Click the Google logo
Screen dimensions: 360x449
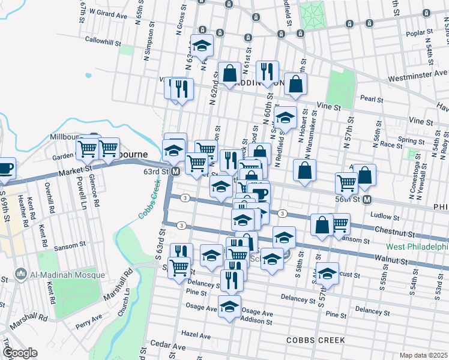pyautogui.click(x=20, y=353)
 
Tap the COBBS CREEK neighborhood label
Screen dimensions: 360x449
pyautogui.click(x=315, y=340)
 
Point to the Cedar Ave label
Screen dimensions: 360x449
pyautogui.click(x=169, y=346)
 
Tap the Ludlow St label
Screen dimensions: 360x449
pyautogui.click(x=385, y=216)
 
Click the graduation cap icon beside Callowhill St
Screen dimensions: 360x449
pyautogui.click(x=202, y=45)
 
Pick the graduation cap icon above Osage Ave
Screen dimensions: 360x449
pyautogui.click(x=229, y=306)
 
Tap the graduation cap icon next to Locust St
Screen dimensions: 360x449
pyautogui.click(x=327, y=274)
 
